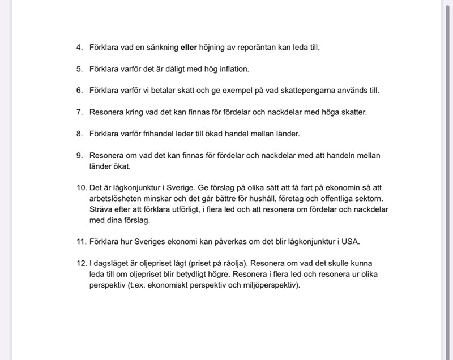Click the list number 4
[x=80, y=48]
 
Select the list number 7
[x=80, y=112]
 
